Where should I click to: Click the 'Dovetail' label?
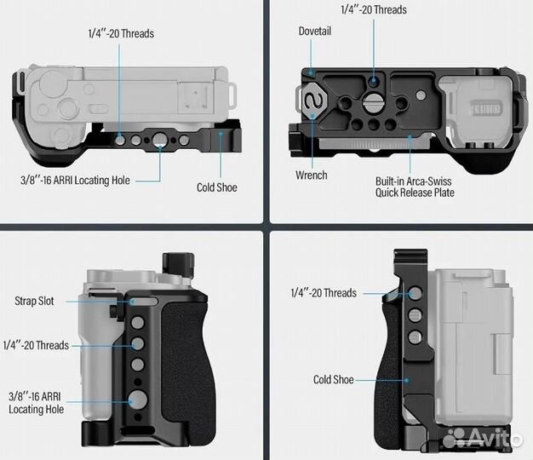315,32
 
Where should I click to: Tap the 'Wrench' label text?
312,175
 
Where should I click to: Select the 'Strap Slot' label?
34,301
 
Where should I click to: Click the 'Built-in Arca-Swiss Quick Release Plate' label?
415,187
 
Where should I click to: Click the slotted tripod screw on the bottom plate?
372,101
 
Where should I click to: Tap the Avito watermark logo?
483,437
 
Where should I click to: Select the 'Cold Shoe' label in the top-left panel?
217,187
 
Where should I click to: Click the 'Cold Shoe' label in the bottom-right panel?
334,379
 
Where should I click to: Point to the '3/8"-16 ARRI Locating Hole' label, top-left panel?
75,181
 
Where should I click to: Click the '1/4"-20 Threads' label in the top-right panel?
374,9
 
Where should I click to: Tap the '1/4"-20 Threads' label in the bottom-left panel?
36,345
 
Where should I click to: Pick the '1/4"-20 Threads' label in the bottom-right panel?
324,293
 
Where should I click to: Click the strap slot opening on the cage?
144,302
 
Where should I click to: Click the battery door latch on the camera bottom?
485,110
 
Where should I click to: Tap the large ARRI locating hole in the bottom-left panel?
138,400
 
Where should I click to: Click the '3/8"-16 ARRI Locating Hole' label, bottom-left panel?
36,403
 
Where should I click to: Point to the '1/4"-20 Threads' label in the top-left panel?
121,34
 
